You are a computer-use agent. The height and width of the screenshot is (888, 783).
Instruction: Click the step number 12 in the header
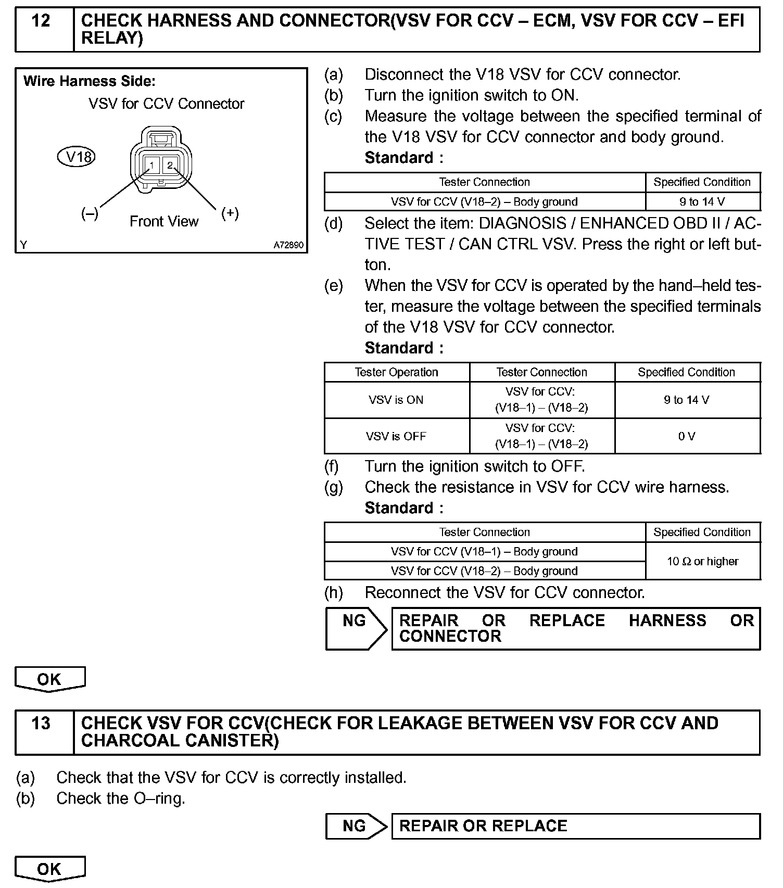41,21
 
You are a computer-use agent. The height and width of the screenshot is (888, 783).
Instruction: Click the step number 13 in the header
41,723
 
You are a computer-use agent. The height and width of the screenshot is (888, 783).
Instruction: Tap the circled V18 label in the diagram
77,157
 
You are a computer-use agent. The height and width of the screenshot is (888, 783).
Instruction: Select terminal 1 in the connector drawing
151,166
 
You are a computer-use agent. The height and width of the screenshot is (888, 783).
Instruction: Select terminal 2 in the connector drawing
170,166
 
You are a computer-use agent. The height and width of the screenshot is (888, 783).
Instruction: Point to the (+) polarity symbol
230,213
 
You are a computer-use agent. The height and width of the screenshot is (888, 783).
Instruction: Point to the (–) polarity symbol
90,213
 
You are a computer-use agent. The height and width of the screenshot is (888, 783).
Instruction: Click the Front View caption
164,222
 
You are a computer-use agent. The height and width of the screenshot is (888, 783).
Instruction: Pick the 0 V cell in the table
687,436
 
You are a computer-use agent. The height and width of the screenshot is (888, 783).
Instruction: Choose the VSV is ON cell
396,400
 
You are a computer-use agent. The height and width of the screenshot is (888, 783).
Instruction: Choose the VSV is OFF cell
396,436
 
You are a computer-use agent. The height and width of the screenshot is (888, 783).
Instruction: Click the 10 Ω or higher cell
702,562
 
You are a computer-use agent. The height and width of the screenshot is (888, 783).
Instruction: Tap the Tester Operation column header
396,372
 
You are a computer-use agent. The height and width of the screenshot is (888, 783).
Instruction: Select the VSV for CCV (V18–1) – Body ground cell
484,552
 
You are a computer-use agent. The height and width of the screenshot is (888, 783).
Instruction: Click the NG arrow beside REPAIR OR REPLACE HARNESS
355,628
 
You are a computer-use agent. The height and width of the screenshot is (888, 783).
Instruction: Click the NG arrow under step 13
355,826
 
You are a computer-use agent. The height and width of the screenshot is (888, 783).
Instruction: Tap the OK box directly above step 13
49,679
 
